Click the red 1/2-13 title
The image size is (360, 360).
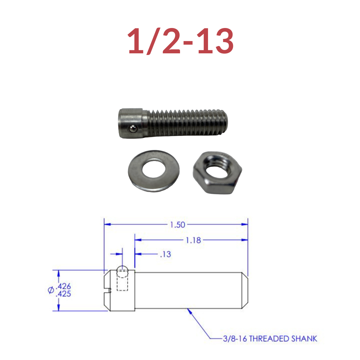(180, 41)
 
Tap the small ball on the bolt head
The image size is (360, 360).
(133, 129)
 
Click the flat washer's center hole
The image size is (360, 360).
(154, 170)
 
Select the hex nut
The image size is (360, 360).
(217, 173)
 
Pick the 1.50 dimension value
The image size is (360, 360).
(177, 225)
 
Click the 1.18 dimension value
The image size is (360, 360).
(193, 240)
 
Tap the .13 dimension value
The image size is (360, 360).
(166, 254)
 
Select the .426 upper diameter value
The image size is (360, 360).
(63, 286)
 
